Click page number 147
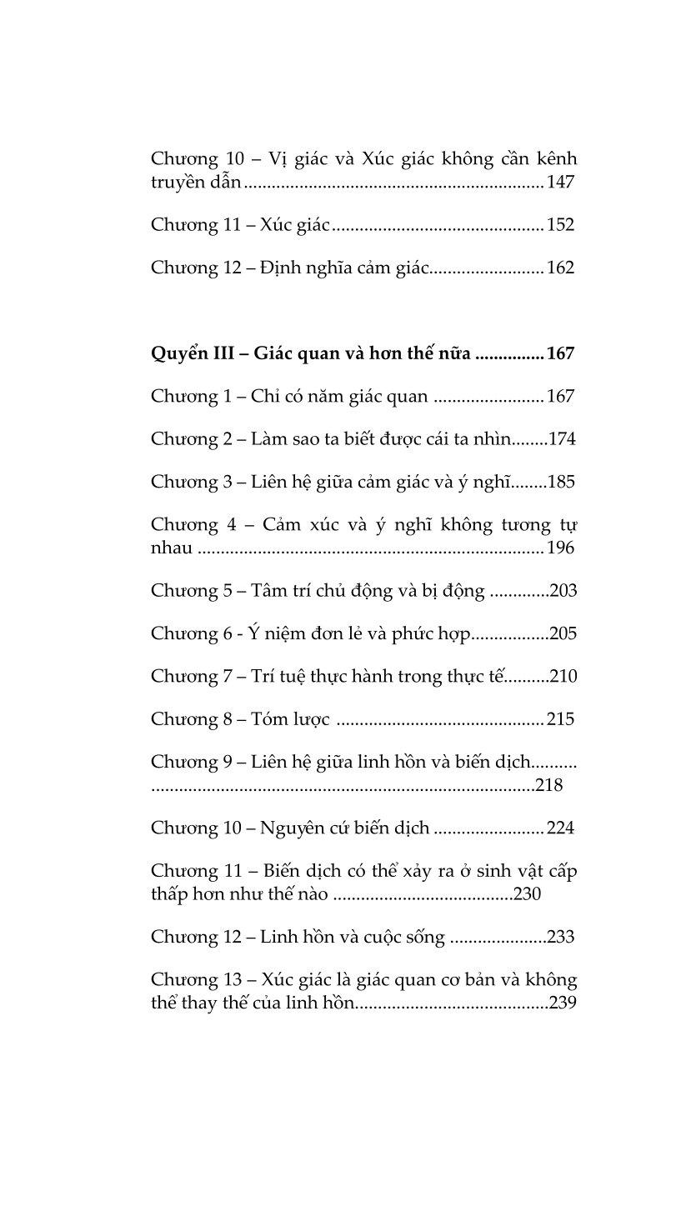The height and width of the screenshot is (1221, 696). (561, 182)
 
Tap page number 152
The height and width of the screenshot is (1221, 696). (561, 225)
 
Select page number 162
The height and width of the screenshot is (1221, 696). (561, 268)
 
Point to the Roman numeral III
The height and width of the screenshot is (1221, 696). (224, 353)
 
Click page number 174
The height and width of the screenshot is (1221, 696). (562, 439)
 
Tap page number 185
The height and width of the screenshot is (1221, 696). (561, 482)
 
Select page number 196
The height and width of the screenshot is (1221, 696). (561, 548)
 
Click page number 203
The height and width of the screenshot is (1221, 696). (563, 591)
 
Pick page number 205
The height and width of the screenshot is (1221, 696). (563, 634)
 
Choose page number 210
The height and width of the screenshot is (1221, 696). (563, 677)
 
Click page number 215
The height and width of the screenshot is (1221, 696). (561, 719)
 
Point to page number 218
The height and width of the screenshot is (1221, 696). (549, 785)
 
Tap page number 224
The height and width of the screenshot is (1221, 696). (561, 828)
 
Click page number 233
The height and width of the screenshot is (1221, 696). (561, 937)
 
